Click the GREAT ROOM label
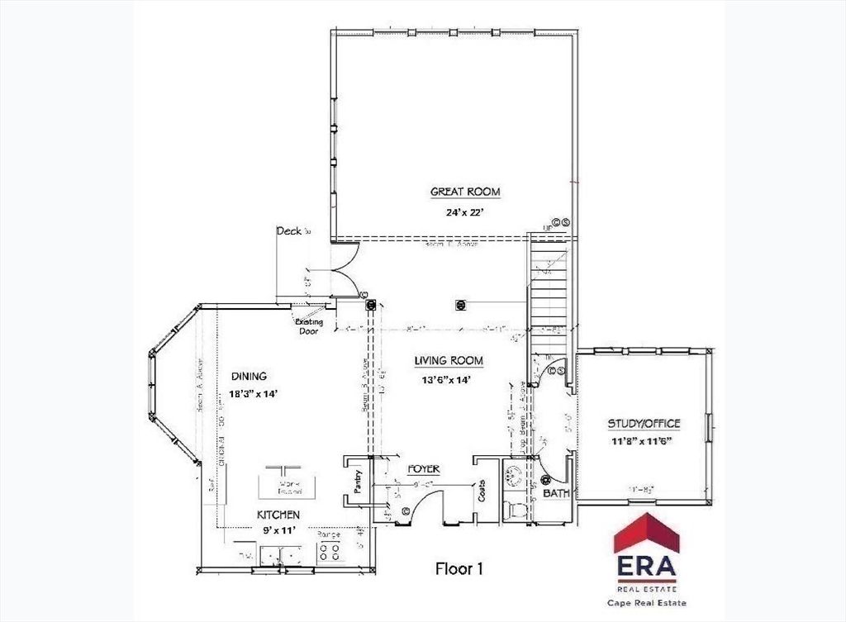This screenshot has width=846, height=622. click(465, 192)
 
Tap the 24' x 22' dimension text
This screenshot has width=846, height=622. click(465, 211)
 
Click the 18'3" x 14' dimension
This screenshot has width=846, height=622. click(253, 394)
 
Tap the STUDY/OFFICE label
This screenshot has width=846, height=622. click(644, 424)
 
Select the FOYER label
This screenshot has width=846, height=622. click(423, 469)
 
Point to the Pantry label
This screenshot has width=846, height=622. click(359, 482)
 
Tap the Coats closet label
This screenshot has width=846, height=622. click(482, 492)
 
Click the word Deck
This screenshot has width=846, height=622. click(289, 231)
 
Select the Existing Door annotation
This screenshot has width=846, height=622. click(309, 326)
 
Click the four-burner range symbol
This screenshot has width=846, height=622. click(330, 553)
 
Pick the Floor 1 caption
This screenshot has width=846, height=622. click(459, 568)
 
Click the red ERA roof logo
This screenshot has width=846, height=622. click(645, 533)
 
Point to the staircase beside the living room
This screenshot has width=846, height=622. click(549, 289)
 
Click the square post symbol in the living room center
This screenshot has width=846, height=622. click(460, 305)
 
